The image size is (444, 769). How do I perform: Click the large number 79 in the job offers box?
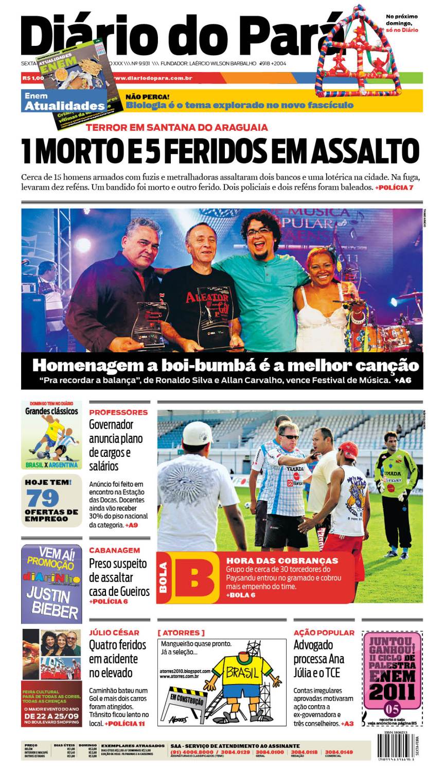43,498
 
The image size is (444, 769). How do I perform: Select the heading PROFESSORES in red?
118,412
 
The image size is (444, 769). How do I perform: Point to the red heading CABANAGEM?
114,550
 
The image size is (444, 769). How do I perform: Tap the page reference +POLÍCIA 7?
394,187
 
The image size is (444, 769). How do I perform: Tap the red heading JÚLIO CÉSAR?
114,633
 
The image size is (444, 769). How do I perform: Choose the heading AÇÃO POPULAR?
324,633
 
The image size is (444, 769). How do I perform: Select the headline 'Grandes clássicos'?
51,411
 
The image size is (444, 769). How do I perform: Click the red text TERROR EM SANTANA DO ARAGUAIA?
177,127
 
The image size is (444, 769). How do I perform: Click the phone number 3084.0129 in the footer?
236,753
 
